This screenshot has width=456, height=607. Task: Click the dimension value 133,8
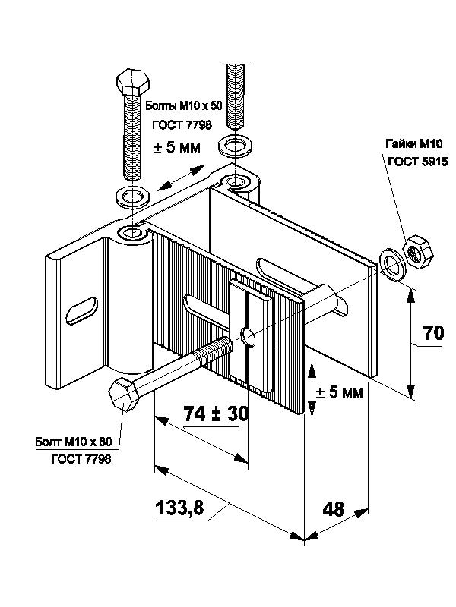[x=179, y=508]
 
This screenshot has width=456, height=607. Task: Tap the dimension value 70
[x=434, y=333]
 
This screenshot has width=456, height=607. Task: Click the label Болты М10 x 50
[x=183, y=105]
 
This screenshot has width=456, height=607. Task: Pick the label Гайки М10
[x=413, y=144]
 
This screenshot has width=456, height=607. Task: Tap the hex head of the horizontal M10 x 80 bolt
[x=122, y=395]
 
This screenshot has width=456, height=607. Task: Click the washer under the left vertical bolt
[x=133, y=197]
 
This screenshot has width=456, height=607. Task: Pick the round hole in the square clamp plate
[x=246, y=335]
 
